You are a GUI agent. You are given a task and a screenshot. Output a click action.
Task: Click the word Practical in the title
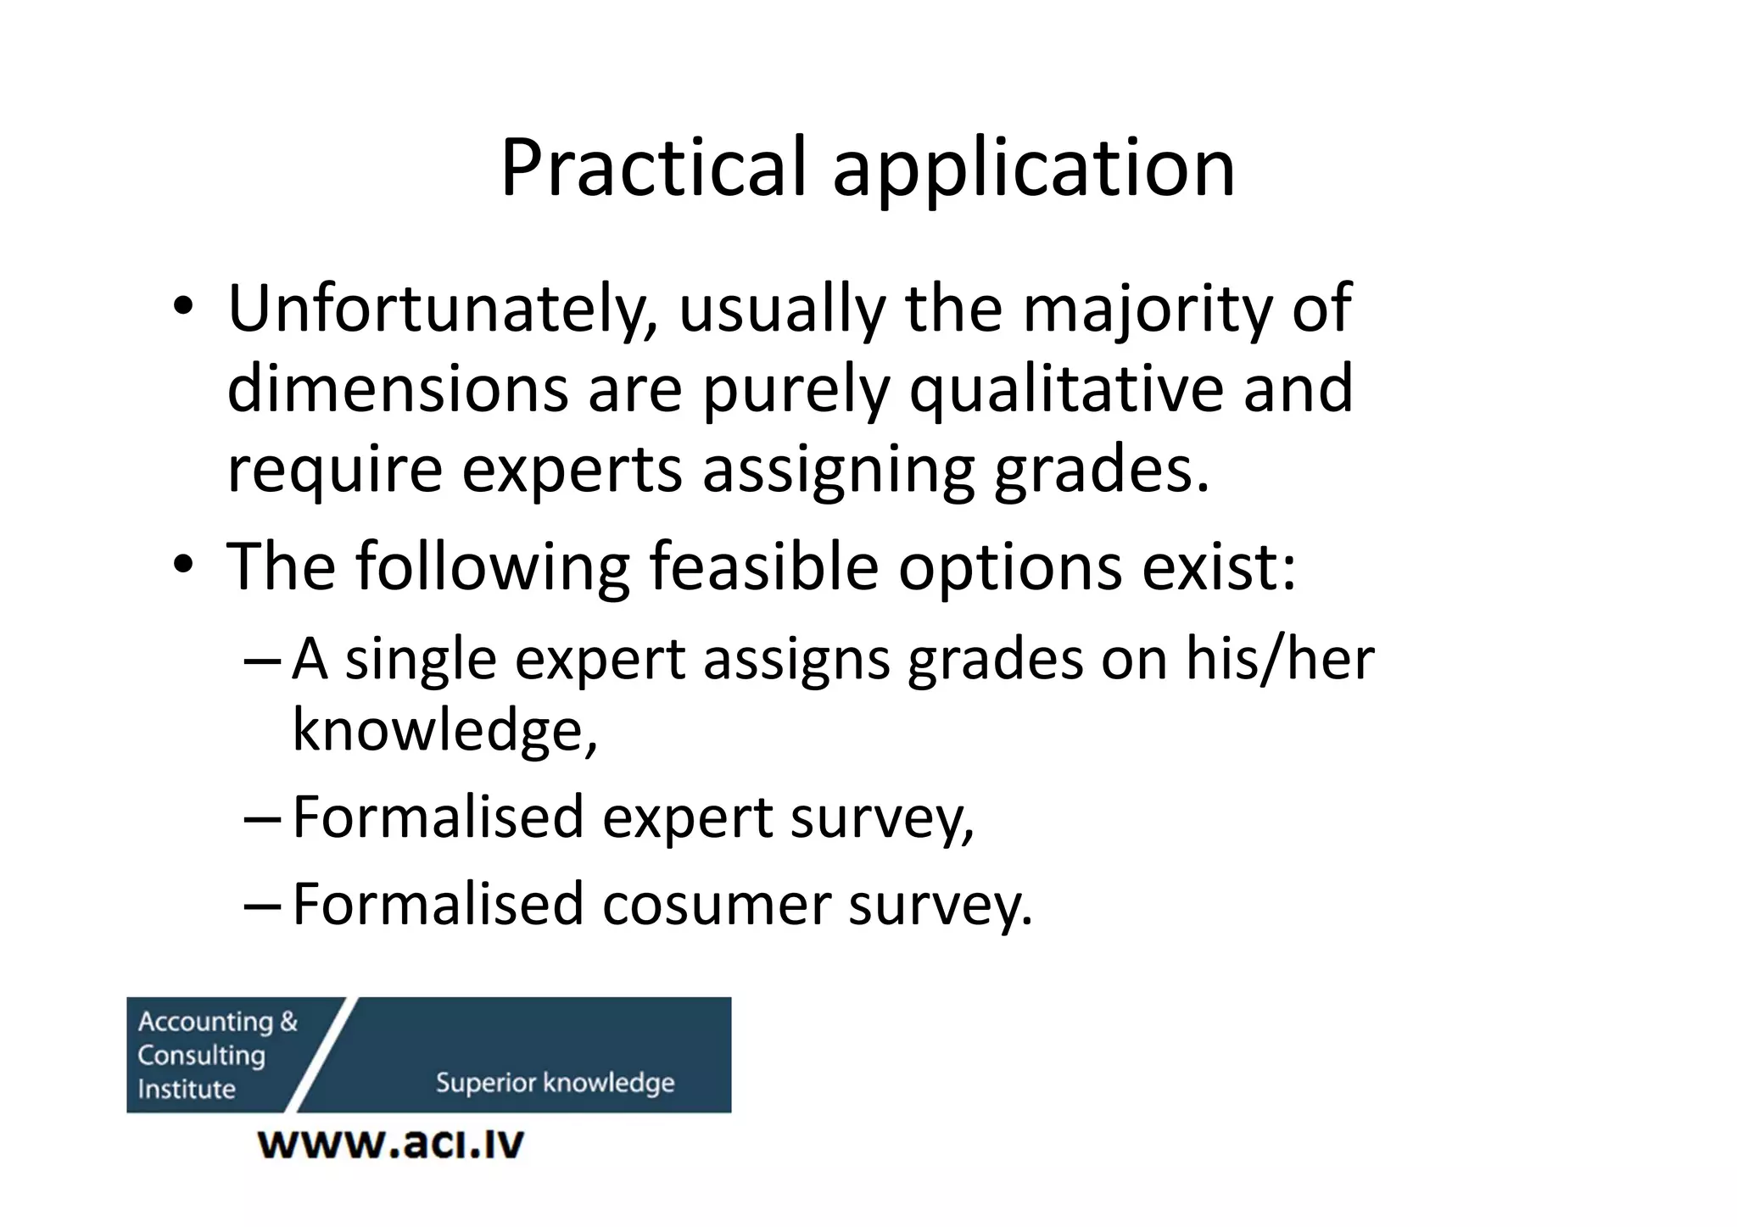(652, 168)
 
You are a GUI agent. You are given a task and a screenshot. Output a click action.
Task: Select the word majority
(1148, 310)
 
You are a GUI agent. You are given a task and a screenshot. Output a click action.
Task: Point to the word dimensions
(398, 388)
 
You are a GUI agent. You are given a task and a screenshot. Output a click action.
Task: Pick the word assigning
(838, 471)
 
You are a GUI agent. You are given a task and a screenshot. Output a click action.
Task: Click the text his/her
(1279, 659)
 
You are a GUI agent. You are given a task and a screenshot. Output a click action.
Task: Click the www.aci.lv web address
(391, 1144)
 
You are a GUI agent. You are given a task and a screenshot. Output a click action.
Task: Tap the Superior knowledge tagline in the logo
(555, 1083)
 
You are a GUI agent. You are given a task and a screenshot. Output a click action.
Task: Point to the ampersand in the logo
(288, 1022)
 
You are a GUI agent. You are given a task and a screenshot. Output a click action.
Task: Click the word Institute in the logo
(187, 1089)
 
